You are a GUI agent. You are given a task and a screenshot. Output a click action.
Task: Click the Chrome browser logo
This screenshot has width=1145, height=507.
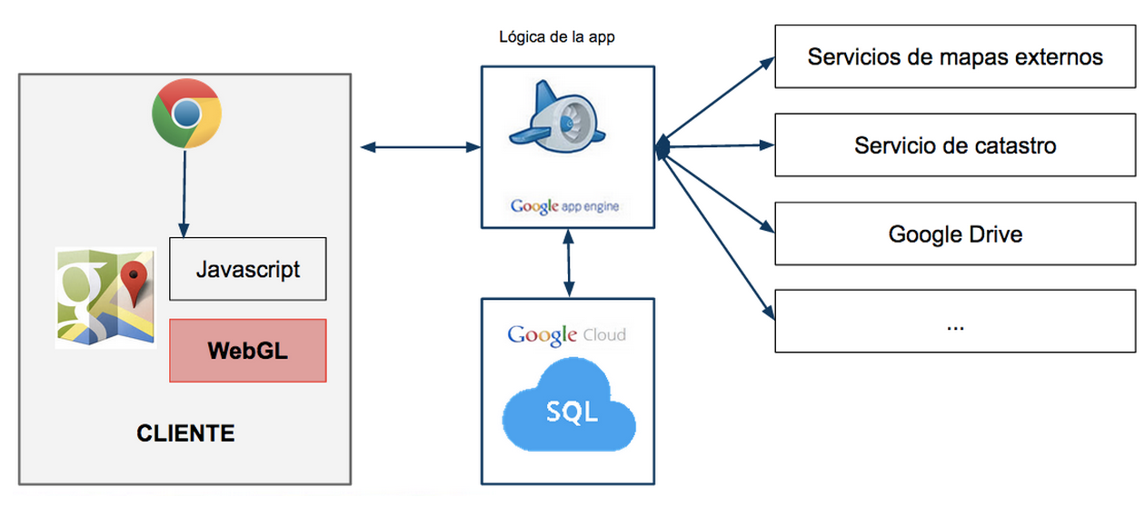[x=186, y=114]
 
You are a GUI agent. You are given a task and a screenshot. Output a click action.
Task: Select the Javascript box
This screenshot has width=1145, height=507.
[x=248, y=269]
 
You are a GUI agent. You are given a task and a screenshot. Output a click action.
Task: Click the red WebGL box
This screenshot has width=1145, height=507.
[x=248, y=350]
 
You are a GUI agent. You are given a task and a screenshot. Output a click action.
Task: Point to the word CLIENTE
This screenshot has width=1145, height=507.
[x=185, y=433]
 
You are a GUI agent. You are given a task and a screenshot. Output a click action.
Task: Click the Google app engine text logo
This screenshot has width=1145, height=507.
[x=564, y=206]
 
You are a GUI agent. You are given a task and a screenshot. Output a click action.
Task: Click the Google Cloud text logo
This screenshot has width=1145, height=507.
[x=567, y=334]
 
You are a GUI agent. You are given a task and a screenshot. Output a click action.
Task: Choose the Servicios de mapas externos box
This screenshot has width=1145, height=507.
[x=955, y=57]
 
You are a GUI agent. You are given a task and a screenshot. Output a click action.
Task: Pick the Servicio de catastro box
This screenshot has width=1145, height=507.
[x=955, y=145]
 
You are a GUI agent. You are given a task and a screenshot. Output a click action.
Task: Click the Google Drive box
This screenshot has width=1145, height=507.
[x=955, y=234]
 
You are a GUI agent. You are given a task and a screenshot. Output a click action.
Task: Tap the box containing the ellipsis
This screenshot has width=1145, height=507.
[x=955, y=322]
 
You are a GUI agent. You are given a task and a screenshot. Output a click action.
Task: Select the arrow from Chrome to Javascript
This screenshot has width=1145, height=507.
[x=185, y=192]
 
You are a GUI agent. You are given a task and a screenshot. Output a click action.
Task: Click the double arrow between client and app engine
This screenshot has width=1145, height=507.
[x=420, y=145]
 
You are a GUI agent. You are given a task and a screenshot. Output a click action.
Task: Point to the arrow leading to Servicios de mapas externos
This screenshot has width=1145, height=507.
[x=718, y=99]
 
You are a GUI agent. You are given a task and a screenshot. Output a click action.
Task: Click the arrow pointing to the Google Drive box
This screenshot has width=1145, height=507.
[x=718, y=192]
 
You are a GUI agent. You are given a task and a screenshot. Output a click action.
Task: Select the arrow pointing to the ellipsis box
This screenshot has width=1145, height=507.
[x=718, y=236]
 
